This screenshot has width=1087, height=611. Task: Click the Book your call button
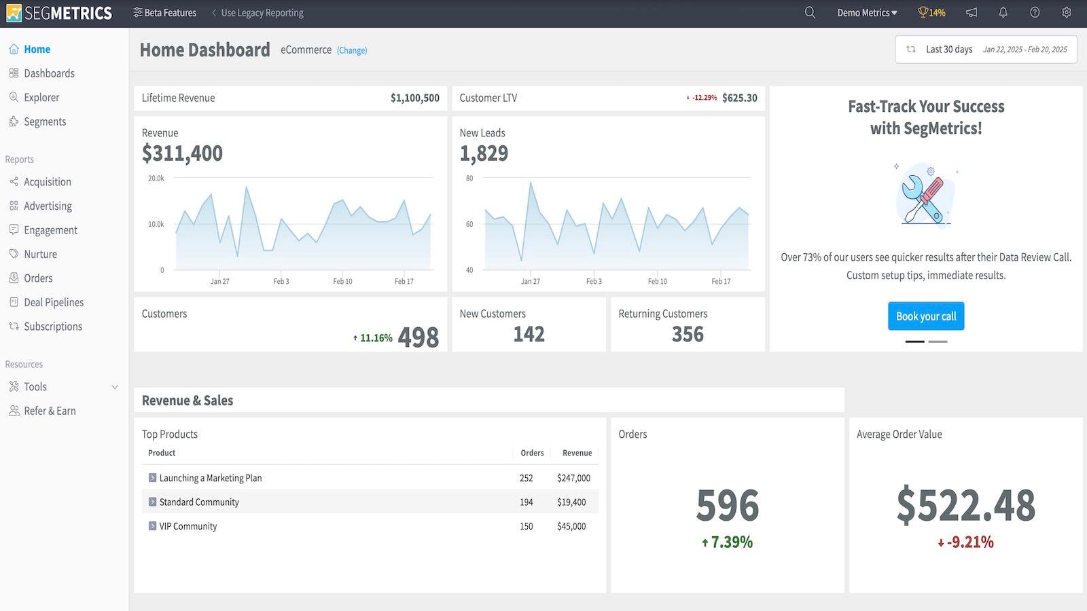pos(925,316)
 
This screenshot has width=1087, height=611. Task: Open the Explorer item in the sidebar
pos(41,98)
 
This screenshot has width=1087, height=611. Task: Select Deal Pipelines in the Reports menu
pos(53,303)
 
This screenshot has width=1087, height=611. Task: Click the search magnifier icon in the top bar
pos(810,13)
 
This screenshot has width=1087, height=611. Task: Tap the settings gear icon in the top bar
pos(1067,13)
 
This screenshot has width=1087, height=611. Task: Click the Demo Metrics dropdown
pos(867,13)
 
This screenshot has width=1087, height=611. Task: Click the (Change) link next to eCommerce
pos(352,51)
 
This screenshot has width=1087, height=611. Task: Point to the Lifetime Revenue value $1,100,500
pos(414,98)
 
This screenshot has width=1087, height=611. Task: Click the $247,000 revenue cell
pos(573,479)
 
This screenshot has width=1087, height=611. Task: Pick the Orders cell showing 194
pos(527,502)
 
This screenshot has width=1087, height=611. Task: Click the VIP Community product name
pos(188,527)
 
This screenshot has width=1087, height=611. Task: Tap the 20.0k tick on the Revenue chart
pos(156,179)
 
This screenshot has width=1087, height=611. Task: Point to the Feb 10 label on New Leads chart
pos(657,282)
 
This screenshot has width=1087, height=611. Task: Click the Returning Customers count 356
pos(688,335)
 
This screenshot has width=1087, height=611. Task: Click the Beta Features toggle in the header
pos(164,13)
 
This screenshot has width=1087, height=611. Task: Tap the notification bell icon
pos(1003,13)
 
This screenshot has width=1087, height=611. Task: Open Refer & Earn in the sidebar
pos(49,411)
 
